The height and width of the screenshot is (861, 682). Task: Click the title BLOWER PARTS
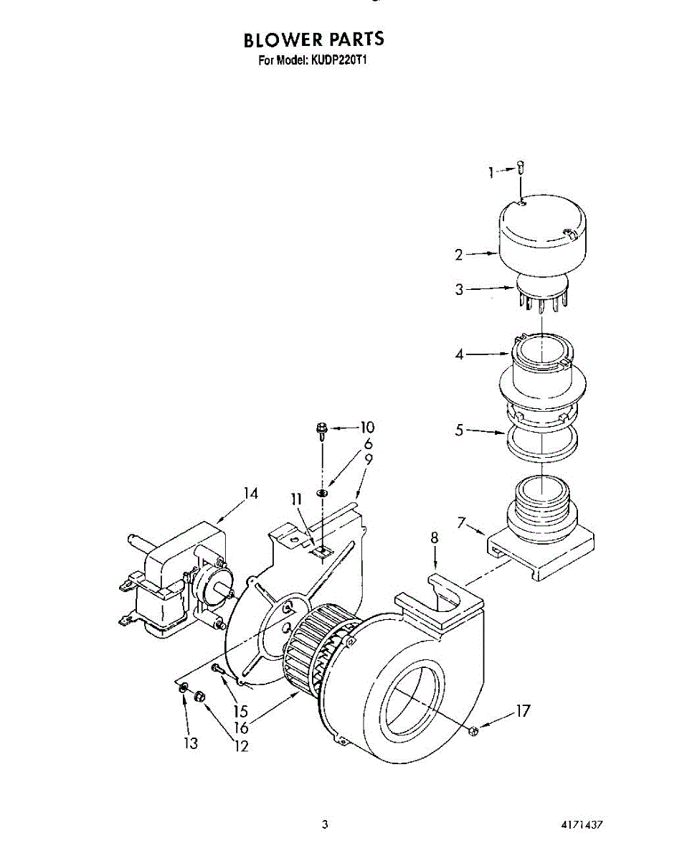pyautogui.click(x=313, y=39)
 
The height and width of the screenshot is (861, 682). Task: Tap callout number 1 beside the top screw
pyautogui.click(x=492, y=171)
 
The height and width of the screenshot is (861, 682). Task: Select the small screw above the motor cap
pyautogui.click(x=522, y=168)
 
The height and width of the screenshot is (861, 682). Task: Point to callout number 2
pyautogui.click(x=459, y=254)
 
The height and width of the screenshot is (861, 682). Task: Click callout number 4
pyautogui.click(x=460, y=353)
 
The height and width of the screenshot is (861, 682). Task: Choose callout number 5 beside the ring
pyautogui.click(x=460, y=430)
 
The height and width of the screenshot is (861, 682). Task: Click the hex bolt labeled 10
pyautogui.click(x=322, y=431)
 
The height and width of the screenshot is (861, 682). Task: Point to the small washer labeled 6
pyautogui.click(x=323, y=492)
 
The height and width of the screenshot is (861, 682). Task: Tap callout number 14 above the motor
pyautogui.click(x=250, y=494)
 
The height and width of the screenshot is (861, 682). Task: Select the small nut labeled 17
pyautogui.click(x=473, y=730)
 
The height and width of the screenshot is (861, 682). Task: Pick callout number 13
pyautogui.click(x=189, y=744)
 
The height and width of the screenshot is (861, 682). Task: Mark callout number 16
pyautogui.click(x=240, y=728)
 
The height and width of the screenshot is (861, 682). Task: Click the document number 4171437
pyautogui.click(x=581, y=826)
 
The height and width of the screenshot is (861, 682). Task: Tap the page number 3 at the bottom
pyautogui.click(x=325, y=826)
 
